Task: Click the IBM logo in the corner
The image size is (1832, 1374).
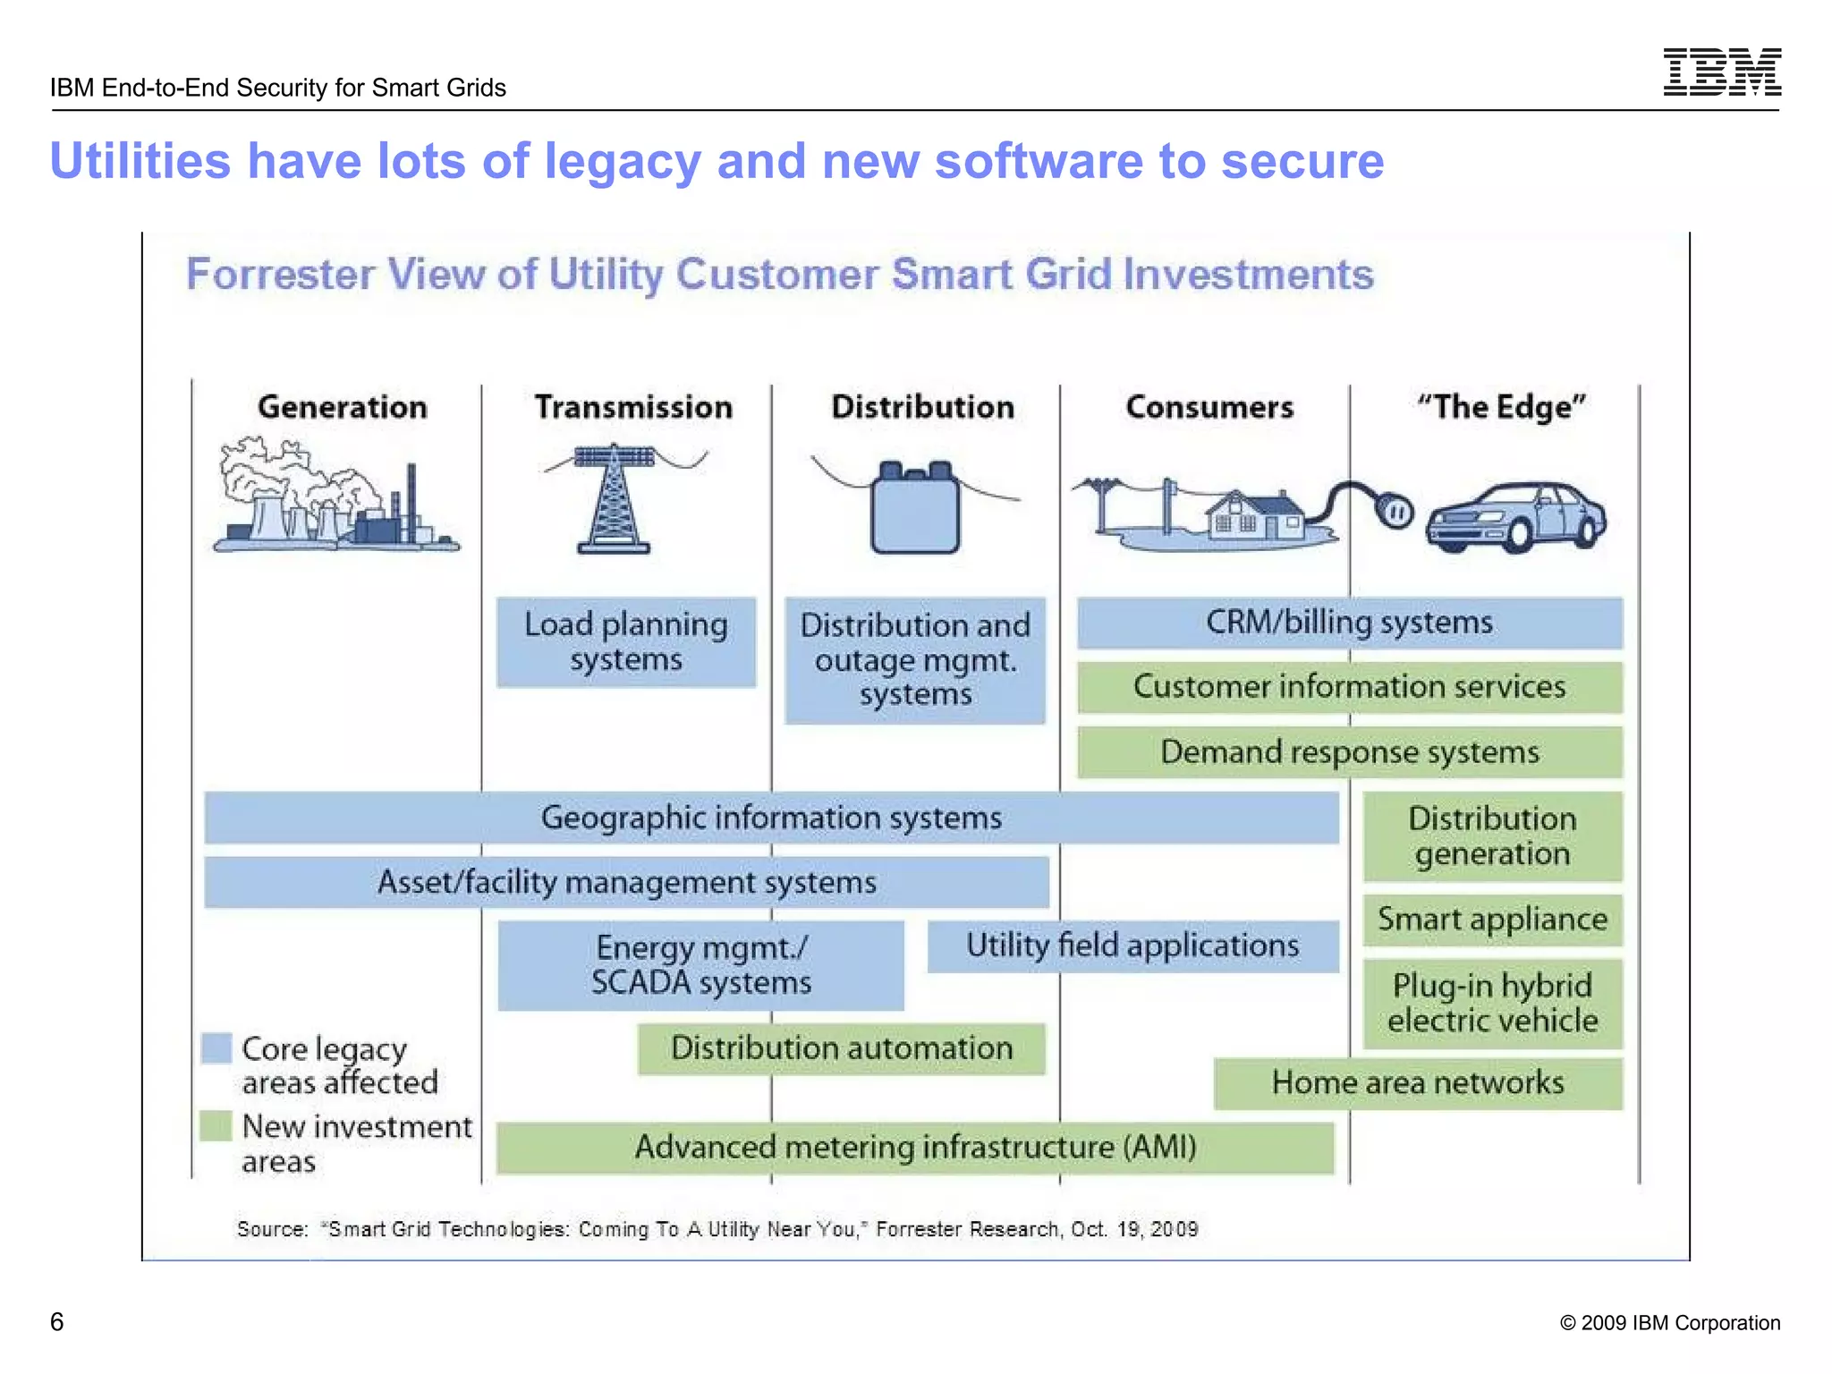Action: click(x=1722, y=72)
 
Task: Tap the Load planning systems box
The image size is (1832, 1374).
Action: click(x=626, y=641)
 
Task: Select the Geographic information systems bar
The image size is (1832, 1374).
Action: click(x=771, y=818)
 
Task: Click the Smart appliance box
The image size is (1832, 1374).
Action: click(x=1492, y=920)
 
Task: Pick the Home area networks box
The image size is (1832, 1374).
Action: click(x=1418, y=1083)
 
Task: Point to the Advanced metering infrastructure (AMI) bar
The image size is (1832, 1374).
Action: click(x=915, y=1148)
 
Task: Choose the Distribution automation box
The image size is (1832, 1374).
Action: click(x=841, y=1048)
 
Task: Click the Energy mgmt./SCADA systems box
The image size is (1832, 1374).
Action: click(x=700, y=965)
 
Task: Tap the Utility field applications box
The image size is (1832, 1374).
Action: click(x=1132, y=946)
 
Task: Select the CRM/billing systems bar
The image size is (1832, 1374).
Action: click(x=1349, y=623)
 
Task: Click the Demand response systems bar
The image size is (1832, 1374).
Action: click(x=1349, y=752)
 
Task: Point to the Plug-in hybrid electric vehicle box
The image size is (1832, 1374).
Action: click(x=1492, y=1004)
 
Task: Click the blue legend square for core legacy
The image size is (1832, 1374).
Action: click(x=216, y=1048)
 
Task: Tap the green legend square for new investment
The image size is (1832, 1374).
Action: click(x=216, y=1125)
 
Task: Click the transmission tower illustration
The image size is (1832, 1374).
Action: click(x=614, y=499)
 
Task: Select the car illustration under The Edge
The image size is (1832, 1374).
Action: click(x=1515, y=517)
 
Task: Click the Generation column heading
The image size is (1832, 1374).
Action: click(x=342, y=407)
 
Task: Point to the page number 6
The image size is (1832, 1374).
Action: click(x=56, y=1322)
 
